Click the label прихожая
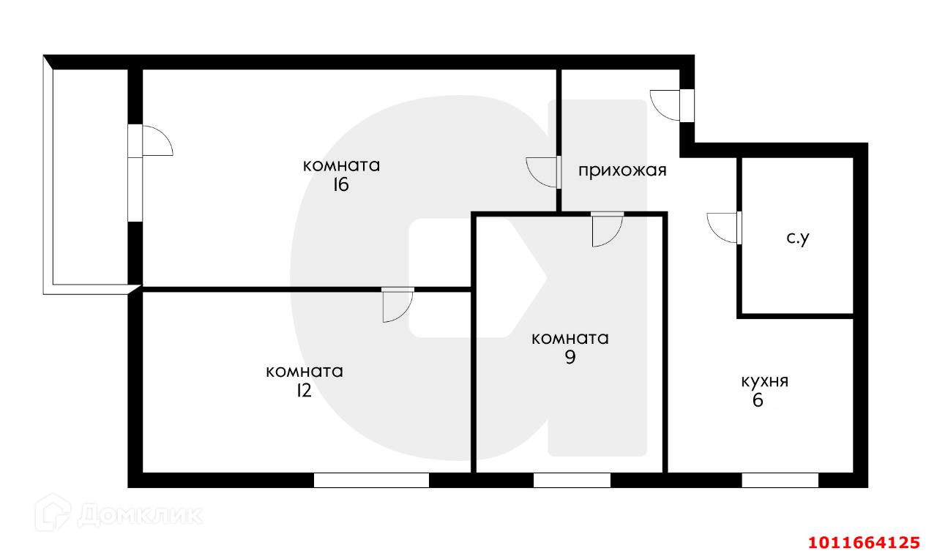tap(622, 171)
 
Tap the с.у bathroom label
tap(797, 238)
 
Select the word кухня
tap(764, 381)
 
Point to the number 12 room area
tap(303, 391)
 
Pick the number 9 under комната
tap(570, 358)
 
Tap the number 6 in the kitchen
tap(758, 400)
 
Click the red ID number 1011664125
tap(863, 542)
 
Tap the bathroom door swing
tap(723, 227)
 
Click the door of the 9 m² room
tap(607, 228)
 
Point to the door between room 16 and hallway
tap(542, 173)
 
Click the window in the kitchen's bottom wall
tap(780, 480)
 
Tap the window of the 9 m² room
tap(572, 480)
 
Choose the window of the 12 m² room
tap(371, 480)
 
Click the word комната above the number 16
tap(341, 165)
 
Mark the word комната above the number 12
tap(305, 372)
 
